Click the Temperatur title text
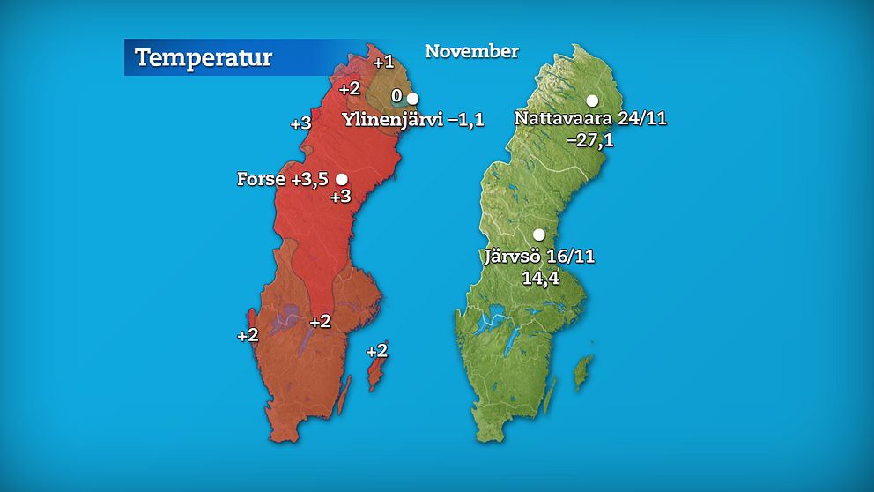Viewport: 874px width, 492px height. coord(204,58)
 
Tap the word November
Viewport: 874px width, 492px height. coord(471,51)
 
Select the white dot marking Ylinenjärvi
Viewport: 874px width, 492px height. coord(411,98)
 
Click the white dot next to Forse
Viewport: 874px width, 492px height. coord(341,179)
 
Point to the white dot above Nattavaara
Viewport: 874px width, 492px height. coord(593,101)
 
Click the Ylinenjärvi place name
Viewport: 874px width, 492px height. coord(392,121)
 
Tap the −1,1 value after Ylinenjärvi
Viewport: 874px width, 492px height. coord(466,121)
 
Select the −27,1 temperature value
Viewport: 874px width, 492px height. coord(590,139)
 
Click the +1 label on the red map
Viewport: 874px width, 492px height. coord(383,62)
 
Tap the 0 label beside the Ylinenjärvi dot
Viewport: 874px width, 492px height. coord(397,95)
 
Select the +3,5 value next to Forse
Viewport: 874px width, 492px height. coord(309,179)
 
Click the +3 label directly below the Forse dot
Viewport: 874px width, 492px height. coord(340,196)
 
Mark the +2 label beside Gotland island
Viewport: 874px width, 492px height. coord(376,350)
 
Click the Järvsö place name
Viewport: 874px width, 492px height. coord(514,257)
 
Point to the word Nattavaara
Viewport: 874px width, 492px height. coord(566,119)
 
